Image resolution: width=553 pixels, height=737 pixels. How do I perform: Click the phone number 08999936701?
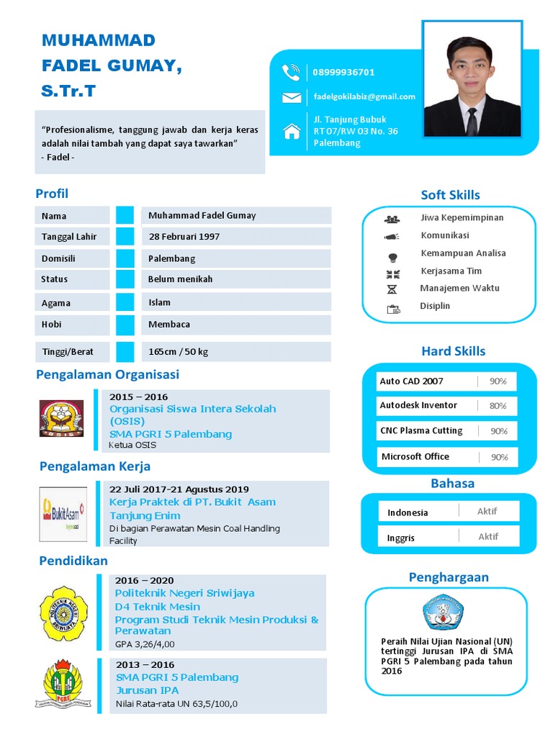point(343,72)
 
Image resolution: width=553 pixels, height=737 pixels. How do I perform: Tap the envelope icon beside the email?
point(292,98)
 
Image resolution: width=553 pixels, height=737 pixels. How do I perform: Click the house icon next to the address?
point(292,131)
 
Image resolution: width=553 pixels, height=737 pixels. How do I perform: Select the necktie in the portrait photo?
point(472,121)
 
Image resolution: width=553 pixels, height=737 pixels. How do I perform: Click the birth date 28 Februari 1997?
point(184,236)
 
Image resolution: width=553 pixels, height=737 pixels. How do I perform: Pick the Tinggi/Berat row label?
point(67,352)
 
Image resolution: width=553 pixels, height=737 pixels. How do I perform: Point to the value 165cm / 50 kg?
point(178,352)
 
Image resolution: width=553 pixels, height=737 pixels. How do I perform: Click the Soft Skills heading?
point(450,195)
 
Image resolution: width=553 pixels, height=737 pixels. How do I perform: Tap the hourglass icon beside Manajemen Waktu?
point(392,289)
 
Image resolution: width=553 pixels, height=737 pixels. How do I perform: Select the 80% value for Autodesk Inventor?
point(498,406)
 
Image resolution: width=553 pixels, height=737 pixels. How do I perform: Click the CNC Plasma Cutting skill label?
point(421,430)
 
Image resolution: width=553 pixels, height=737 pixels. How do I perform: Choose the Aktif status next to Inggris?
point(488,536)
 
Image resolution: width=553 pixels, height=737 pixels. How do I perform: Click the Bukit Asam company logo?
point(63,514)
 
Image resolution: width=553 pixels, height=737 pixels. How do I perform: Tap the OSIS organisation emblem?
point(61,418)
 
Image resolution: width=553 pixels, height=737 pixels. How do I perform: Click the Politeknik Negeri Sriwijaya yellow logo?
point(63,613)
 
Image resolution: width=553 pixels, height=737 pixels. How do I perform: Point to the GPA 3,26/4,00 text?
point(145,644)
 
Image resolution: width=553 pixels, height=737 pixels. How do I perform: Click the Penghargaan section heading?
point(449,577)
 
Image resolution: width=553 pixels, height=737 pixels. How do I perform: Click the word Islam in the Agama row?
point(159,302)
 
